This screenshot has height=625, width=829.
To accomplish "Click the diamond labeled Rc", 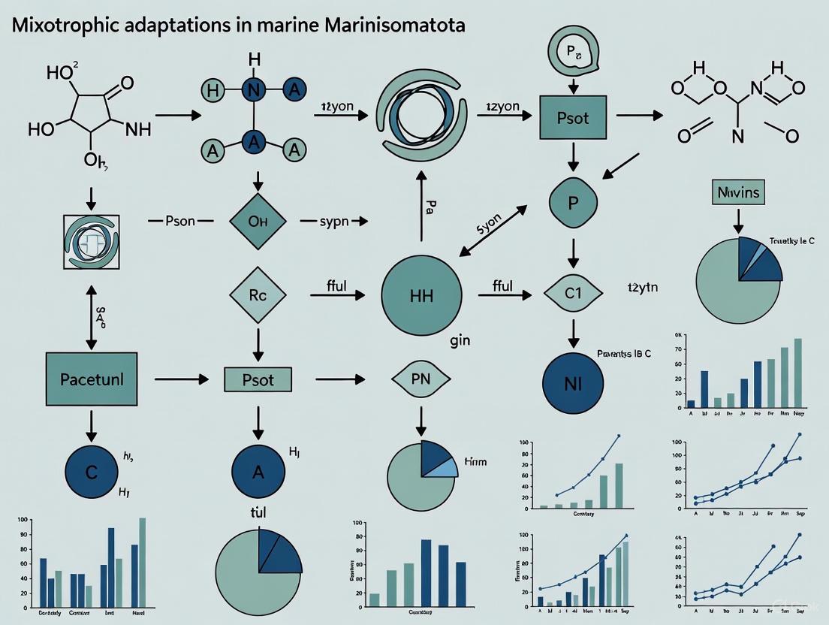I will coord(258,295).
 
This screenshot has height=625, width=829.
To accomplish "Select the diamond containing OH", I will coord(258,222).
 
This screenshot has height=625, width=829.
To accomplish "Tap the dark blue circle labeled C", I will coord(91,473).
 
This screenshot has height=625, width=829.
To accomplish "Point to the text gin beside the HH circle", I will coord(460,340).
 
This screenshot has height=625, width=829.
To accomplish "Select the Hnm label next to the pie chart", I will coord(475,462).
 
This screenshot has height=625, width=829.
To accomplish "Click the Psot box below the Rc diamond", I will coord(258,380).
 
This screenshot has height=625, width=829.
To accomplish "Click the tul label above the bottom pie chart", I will coord(258,512).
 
